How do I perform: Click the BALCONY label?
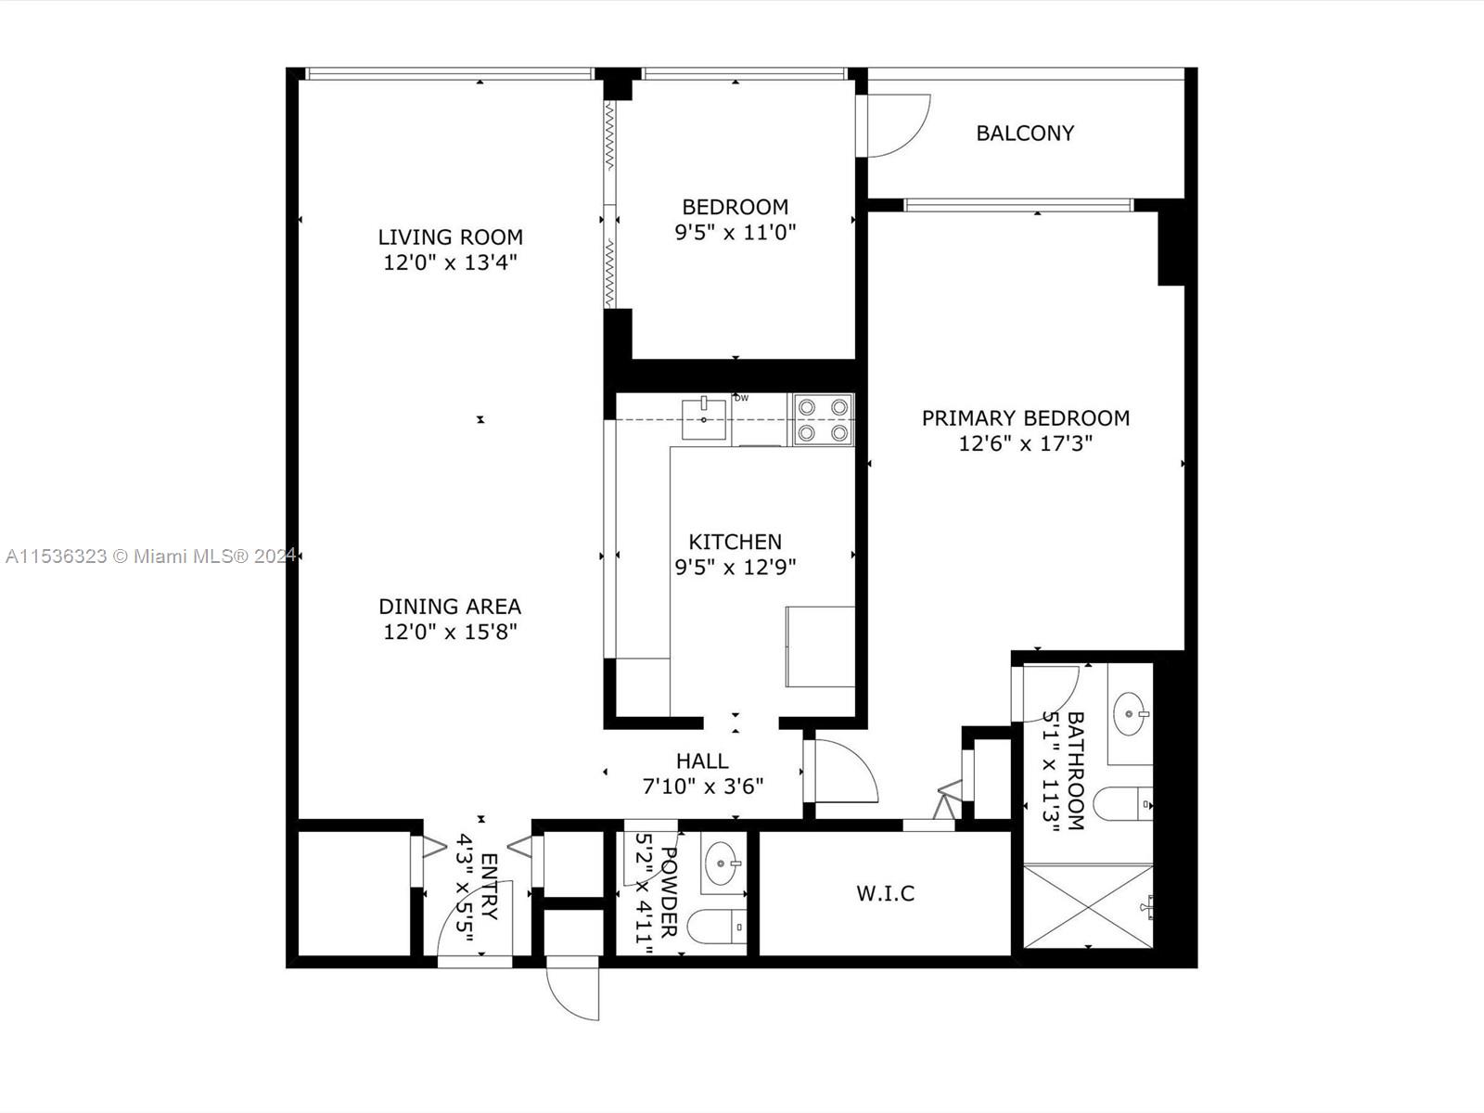click(x=1025, y=134)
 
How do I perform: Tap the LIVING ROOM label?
click(x=450, y=237)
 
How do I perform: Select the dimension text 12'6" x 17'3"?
click(x=1025, y=443)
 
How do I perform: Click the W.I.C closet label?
click(x=885, y=893)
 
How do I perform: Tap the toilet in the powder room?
click(x=719, y=926)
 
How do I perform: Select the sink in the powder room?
click(x=723, y=864)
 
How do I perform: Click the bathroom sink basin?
click(x=1132, y=714)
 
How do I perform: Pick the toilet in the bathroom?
click(x=1122, y=803)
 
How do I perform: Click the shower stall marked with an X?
click(x=1087, y=907)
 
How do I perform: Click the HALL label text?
click(x=702, y=761)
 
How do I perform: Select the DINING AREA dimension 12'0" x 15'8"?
click(x=450, y=633)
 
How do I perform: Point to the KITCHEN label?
click(x=735, y=542)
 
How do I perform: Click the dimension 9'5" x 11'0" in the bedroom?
click(x=735, y=232)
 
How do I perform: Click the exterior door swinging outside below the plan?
click(x=575, y=992)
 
